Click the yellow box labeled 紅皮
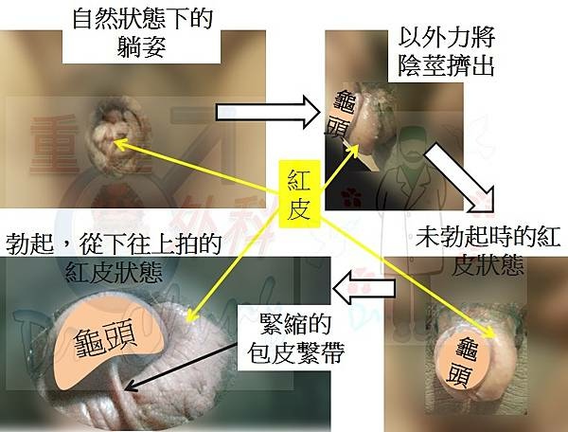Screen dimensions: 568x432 (299, 194)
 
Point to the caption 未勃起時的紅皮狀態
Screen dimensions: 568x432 (488, 251)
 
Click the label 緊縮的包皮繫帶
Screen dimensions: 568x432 (295, 339)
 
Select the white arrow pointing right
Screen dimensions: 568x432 (268, 113)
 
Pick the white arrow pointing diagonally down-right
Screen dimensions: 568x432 (460, 178)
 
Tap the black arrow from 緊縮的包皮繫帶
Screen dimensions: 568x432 (180, 368)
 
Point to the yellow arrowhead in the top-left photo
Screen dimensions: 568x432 (120, 144)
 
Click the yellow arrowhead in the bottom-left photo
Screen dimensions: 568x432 (190, 316)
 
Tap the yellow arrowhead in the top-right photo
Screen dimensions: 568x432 (354, 150)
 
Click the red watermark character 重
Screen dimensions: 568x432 (54, 144)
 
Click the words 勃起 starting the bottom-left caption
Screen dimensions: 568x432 (30, 243)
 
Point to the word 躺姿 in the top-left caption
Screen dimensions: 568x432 (142, 46)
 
